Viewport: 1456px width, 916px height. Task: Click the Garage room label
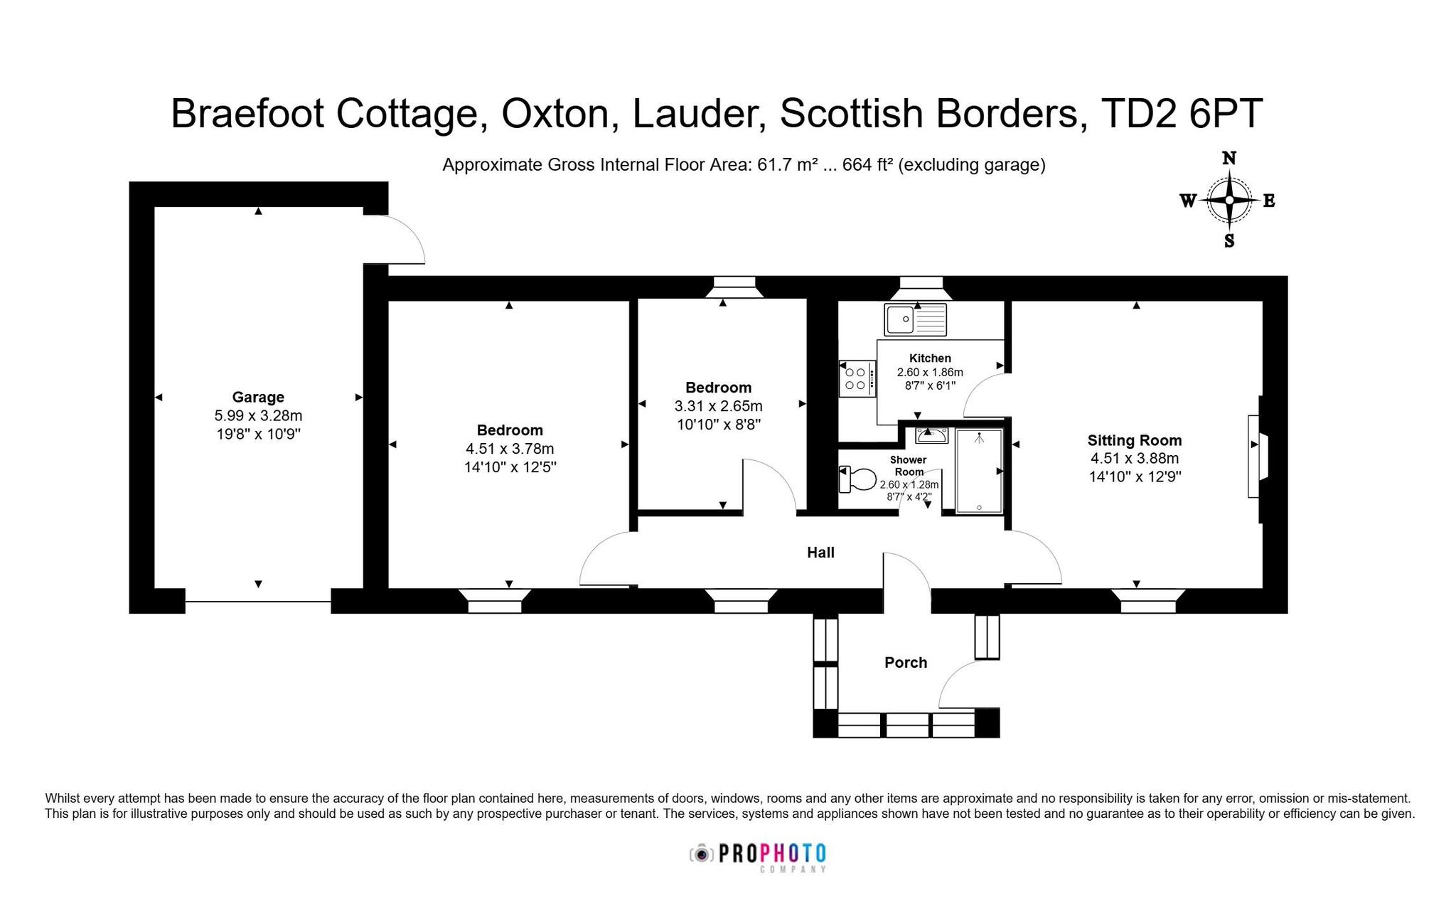(x=258, y=397)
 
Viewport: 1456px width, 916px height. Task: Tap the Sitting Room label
(x=1135, y=440)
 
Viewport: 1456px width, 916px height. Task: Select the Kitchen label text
(x=930, y=358)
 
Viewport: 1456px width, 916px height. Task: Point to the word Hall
(x=820, y=553)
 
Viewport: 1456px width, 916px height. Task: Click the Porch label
(x=906, y=663)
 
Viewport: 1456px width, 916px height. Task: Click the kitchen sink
(x=916, y=319)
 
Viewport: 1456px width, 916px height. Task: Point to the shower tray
(x=979, y=471)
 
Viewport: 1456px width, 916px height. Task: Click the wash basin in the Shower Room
(x=931, y=435)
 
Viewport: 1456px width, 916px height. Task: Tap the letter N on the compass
(x=1228, y=158)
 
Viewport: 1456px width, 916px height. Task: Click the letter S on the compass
(x=1229, y=241)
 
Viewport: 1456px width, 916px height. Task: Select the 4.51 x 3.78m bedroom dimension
(x=510, y=449)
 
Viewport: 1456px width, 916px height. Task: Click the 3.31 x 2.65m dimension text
(x=718, y=406)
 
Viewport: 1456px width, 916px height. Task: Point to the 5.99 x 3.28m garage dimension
(x=258, y=415)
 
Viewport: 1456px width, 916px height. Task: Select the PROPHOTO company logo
(x=758, y=856)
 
